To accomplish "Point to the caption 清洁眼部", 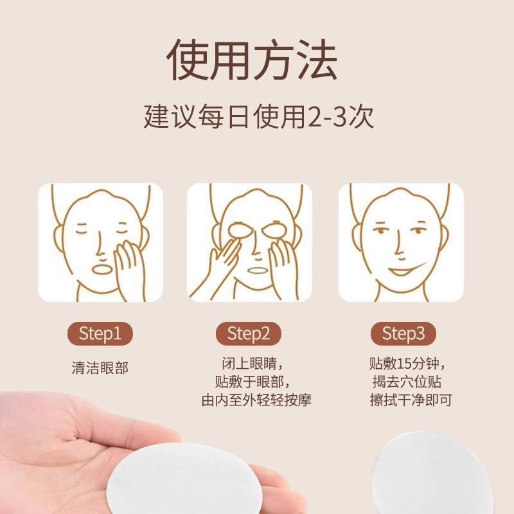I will (100, 368).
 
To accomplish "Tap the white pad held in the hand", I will (154, 479).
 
